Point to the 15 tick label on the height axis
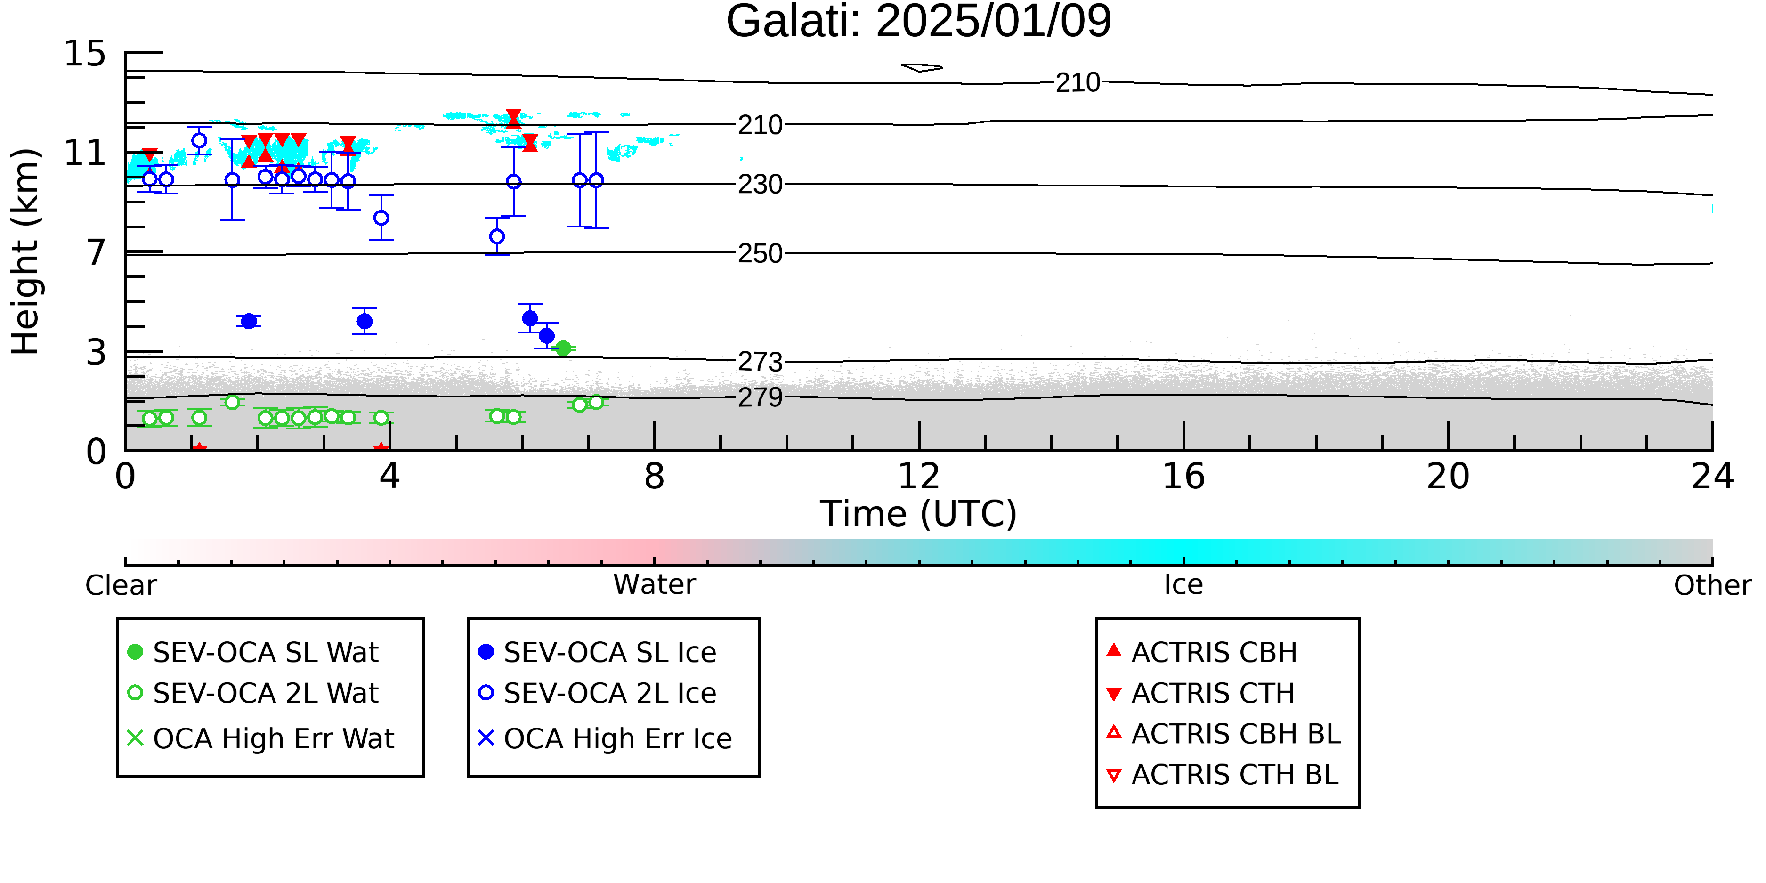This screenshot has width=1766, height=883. coord(85,54)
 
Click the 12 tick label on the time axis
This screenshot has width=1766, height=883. coord(919,477)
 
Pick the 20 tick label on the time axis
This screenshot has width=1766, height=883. coord(1448,477)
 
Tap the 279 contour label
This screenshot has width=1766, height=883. coord(760,397)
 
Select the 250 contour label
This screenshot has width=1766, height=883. coord(760,254)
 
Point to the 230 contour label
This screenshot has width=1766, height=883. coord(760,185)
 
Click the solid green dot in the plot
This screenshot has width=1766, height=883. coord(563,348)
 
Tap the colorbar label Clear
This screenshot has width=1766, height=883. coord(121,585)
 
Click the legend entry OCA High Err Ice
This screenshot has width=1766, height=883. coord(605,738)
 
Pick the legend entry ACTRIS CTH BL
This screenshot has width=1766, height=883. coord(1223,775)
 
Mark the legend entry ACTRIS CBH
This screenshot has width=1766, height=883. coord(1202,652)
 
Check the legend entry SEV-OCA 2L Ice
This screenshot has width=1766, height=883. coord(597,693)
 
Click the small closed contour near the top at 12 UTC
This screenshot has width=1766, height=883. coord(922,67)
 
